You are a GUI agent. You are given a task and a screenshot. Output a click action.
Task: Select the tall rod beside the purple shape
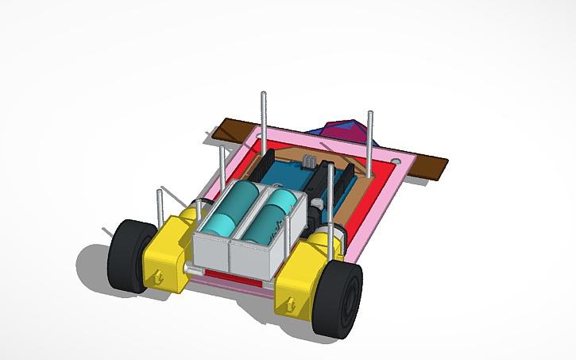click(369, 143)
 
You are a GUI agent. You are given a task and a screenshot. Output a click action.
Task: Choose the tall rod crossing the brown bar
click(263, 119)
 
